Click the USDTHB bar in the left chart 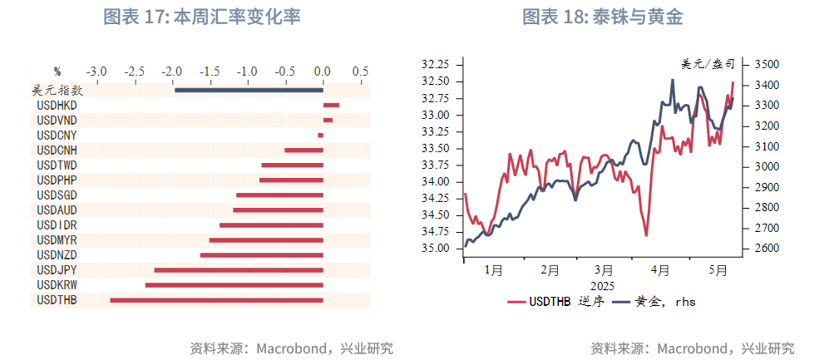point(216,300)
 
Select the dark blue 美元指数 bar point(249,90)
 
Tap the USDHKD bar point(331,105)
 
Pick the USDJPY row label point(57,270)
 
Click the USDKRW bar point(234,285)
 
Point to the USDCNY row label point(57,136)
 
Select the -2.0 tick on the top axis point(172,72)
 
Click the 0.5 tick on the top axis point(360,72)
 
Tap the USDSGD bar point(279,195)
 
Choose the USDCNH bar point(303,150)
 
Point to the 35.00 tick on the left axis point(436,249)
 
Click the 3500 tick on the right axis point(766,64)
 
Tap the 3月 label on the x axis point(604,270)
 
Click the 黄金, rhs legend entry point(654,302)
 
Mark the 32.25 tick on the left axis point(436,64)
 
